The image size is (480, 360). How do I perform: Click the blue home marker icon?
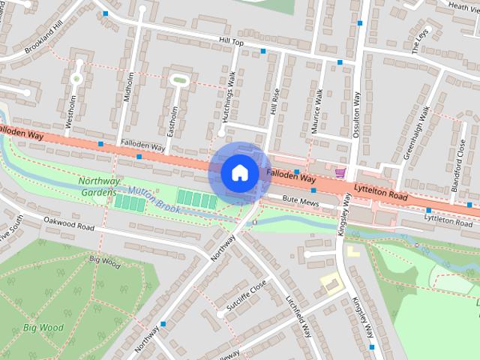[239, 173]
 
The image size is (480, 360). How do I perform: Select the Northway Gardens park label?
[99, 186]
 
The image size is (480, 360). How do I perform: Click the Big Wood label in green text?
[43, 328]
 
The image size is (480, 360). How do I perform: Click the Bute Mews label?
[301, 201]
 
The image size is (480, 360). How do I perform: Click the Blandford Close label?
[460, 157]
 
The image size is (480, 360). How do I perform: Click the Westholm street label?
[70, 110]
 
